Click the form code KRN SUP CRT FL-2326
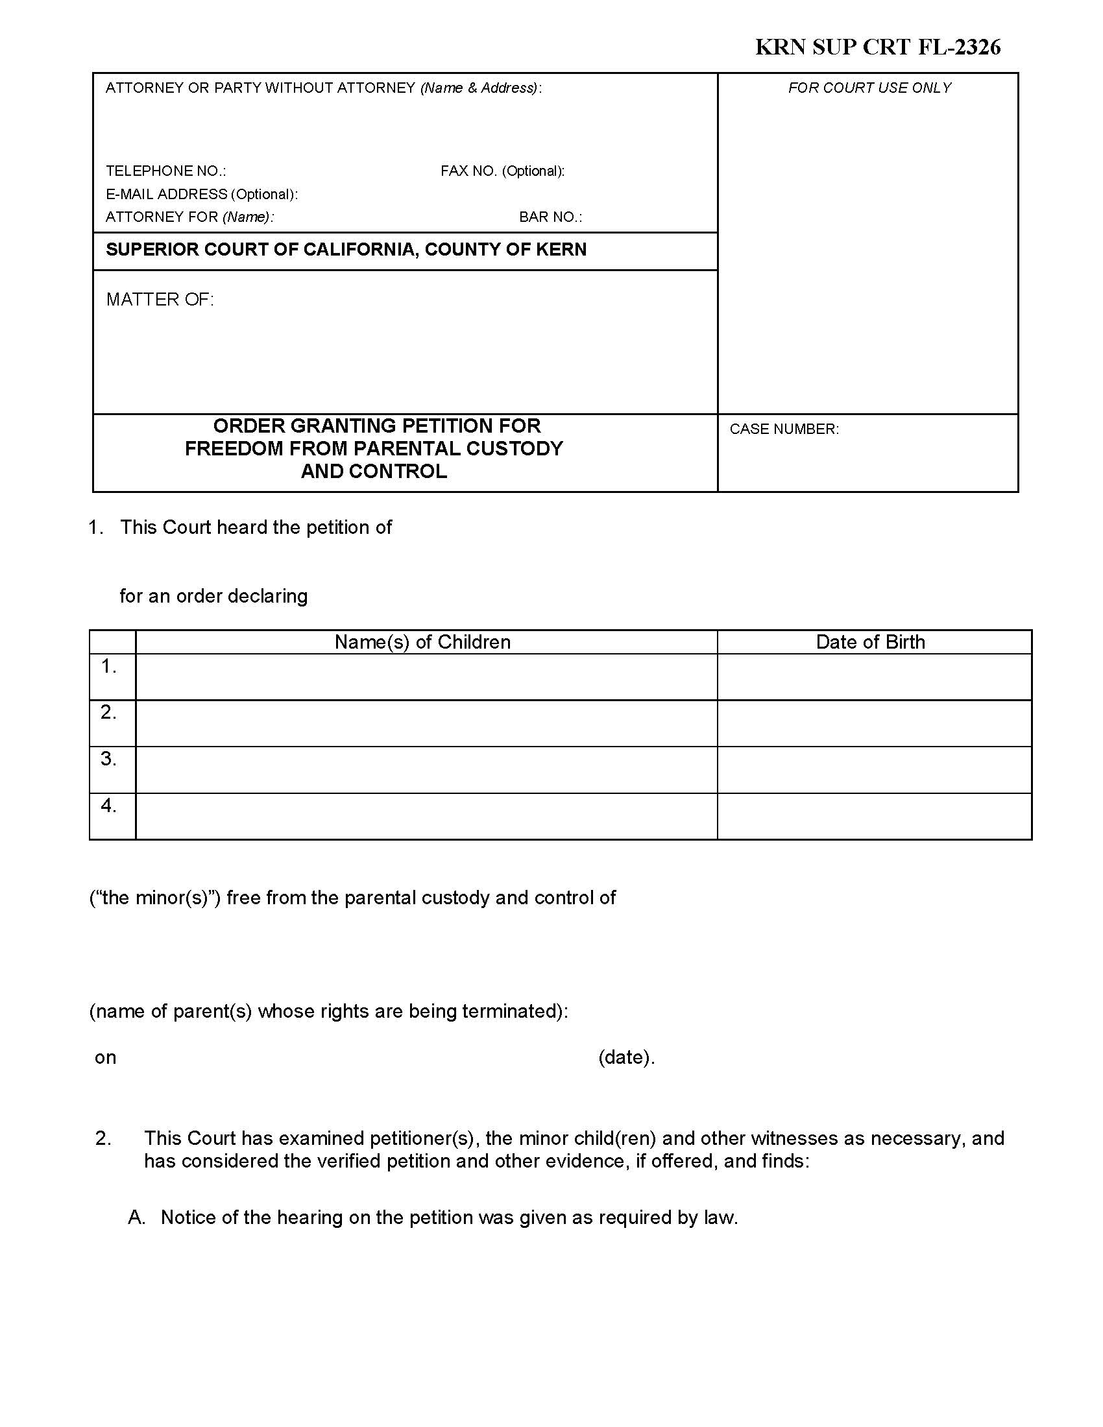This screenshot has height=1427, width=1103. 878,47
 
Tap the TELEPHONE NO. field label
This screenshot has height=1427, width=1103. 166,171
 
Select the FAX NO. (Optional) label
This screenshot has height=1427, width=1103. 502,171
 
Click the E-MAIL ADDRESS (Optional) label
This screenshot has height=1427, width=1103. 201,194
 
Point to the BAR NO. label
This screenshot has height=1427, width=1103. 550,217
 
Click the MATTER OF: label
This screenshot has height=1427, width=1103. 160,299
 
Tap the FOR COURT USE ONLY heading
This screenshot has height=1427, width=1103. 869,88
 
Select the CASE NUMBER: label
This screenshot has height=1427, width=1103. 784,429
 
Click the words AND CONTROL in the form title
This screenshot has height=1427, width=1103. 374,472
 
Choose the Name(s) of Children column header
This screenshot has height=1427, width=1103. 422,642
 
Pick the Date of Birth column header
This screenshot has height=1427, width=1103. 870,642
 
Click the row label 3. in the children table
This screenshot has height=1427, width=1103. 108,760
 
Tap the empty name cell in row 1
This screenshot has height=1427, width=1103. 426,677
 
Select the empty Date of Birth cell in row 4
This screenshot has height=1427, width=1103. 874,817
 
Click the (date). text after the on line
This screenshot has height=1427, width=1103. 626,1057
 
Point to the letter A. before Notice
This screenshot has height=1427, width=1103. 136,1217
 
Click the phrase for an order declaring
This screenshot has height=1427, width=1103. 213,596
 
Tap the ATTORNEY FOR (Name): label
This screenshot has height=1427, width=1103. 189,217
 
